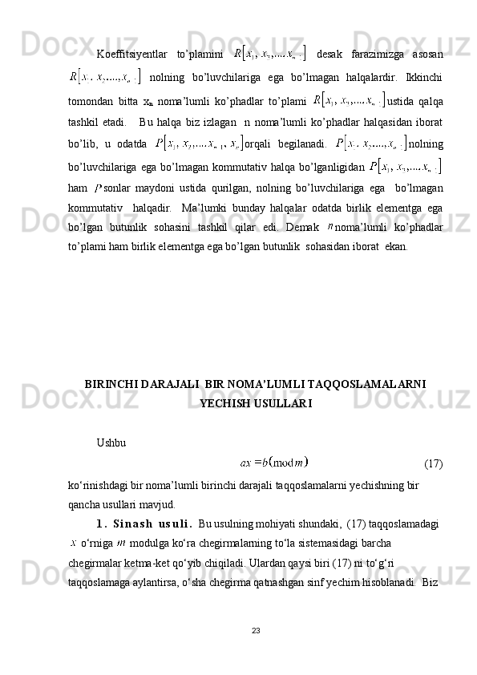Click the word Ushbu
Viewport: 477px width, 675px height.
110,442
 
